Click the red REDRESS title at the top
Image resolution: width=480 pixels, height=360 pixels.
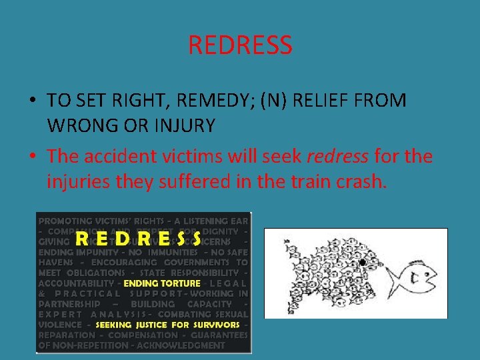[240, 45]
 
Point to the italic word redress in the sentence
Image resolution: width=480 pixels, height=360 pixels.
[337, 157]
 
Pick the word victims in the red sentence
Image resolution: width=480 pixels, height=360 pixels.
[196, 157]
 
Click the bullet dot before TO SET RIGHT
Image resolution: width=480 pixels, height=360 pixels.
[32, 101]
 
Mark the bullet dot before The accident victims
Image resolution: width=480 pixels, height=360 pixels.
[32, 157]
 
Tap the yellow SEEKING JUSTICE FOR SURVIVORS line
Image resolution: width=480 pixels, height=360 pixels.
[168, 325]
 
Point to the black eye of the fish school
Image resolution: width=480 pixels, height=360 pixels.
[361, 263]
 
